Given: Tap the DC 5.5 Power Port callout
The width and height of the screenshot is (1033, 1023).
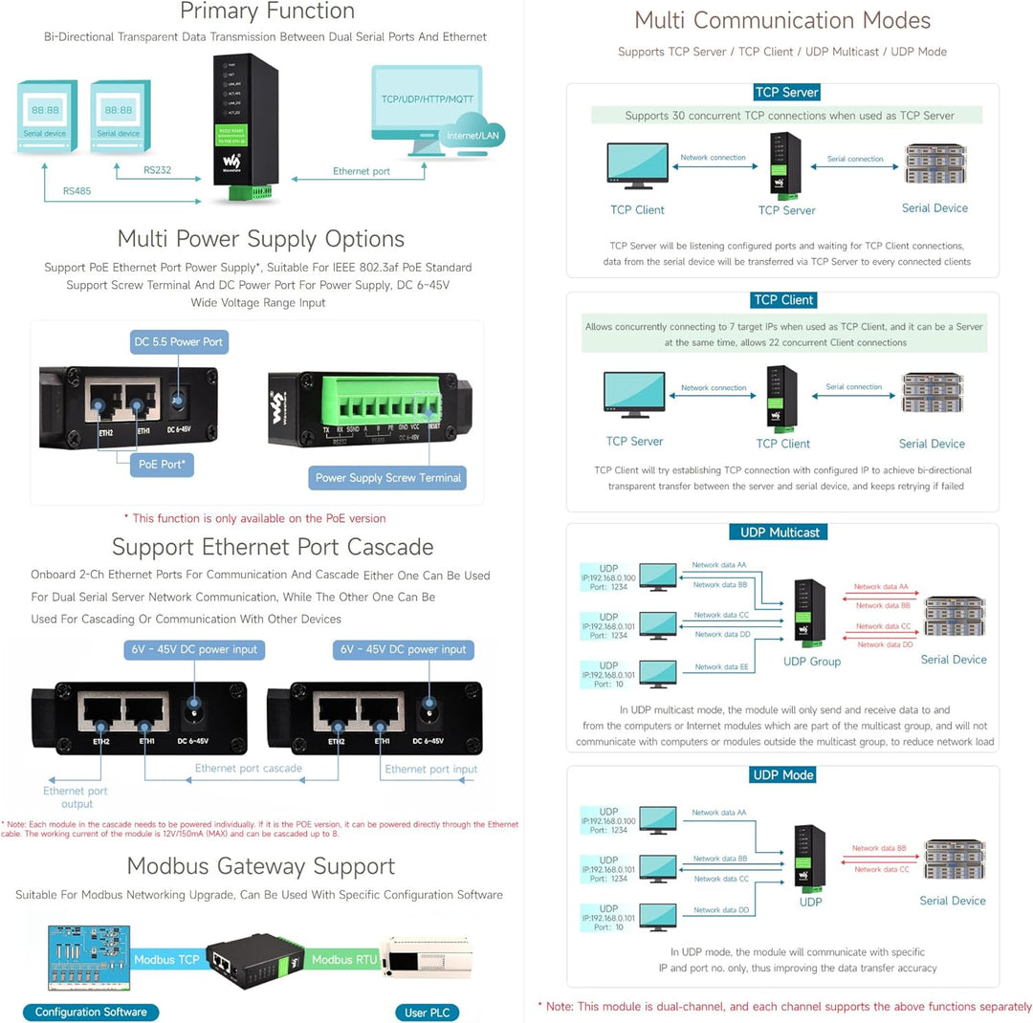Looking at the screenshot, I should (x=179, y=341).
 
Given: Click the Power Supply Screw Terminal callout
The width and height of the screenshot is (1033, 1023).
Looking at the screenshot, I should (x=388, y=477).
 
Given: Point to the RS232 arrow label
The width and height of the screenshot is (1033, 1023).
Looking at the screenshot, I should (x=158, y=170).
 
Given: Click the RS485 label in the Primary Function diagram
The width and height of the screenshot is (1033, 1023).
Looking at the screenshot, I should (x=78, y=190).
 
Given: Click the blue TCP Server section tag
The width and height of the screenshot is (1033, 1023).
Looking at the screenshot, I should (x=786, y=93).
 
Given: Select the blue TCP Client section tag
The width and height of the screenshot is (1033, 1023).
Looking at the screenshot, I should (x=783, y=300).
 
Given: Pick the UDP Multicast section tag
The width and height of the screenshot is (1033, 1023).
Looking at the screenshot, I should (x=780, y=533).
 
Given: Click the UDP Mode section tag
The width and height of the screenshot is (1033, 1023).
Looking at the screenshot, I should (x=783, y=774).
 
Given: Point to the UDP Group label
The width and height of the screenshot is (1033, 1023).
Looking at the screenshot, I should (x=811, y=662).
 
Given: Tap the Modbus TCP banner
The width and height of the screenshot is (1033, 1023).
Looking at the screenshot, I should (x=166, y=960).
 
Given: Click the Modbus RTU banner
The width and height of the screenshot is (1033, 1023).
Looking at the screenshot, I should (x=345, y=960).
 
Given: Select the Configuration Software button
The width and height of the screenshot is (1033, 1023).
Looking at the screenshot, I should (x=91, y=1012).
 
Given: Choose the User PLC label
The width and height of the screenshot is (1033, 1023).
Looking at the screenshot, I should (x=426, y=1012).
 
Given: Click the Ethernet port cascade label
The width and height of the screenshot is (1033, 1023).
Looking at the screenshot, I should (x=248, y=769).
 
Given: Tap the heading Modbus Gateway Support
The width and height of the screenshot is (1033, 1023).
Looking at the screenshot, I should (x=260, y=866).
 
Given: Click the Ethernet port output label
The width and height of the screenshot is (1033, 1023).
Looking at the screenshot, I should (x=76, y=797).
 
